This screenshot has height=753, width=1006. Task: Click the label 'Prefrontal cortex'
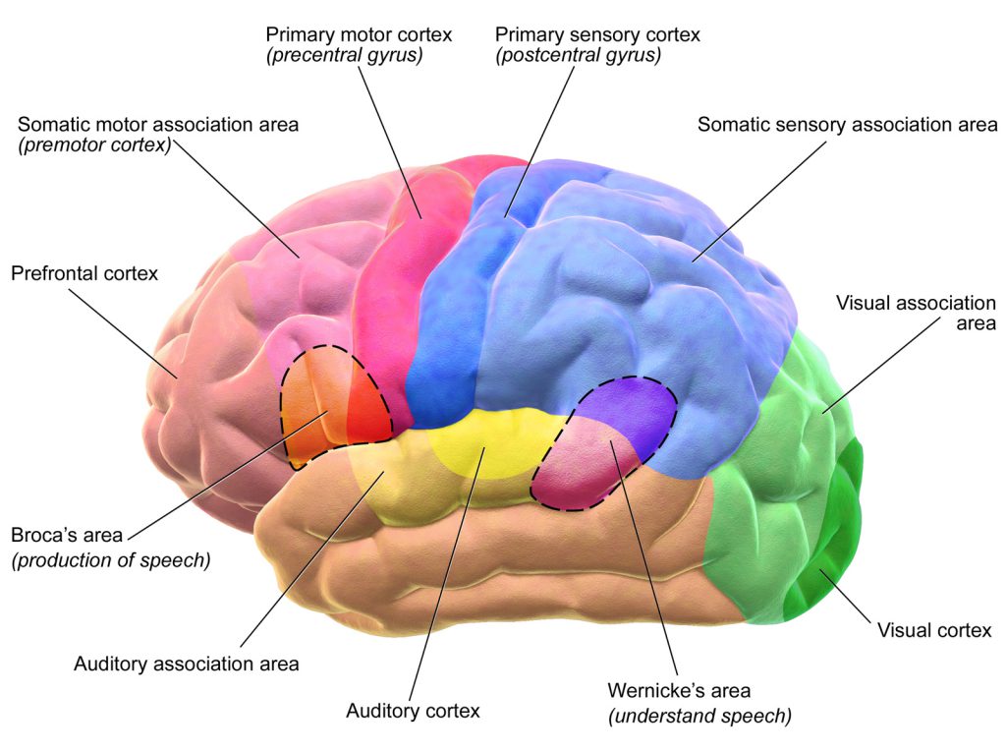pyautogui.click(x=84, y=273)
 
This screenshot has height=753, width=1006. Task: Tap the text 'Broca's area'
pyautogui.click(x=67, y=536)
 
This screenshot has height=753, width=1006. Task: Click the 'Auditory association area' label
pyautogui.click(x=186, y=664)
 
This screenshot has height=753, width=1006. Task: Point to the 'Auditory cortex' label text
pyautogui.click(x=413, y=710)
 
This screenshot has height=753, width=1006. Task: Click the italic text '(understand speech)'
pyautogui.click(x=699, y=716)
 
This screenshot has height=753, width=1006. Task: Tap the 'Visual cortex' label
pyautogui.click(x=934, y=630)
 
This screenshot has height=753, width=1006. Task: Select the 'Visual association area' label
pyautogui.click(x=916, y=312)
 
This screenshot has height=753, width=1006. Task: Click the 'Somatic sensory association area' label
pyautogui.click(x=847, y=125)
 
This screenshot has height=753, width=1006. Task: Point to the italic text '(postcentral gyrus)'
pyautogui.click(x=578, y=56)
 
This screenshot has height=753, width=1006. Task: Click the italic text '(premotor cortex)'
pyautogui.click(x=94, y=146)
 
